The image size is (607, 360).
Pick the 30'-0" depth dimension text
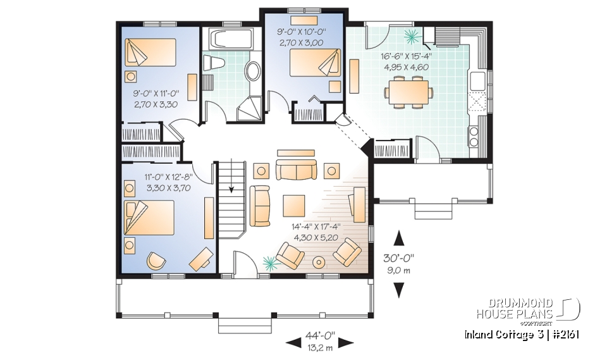click(400, 259)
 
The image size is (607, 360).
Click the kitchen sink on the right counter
click(477, 80)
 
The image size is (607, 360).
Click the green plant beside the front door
click(270, 261)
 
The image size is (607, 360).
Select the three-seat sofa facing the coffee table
click(295, 170)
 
